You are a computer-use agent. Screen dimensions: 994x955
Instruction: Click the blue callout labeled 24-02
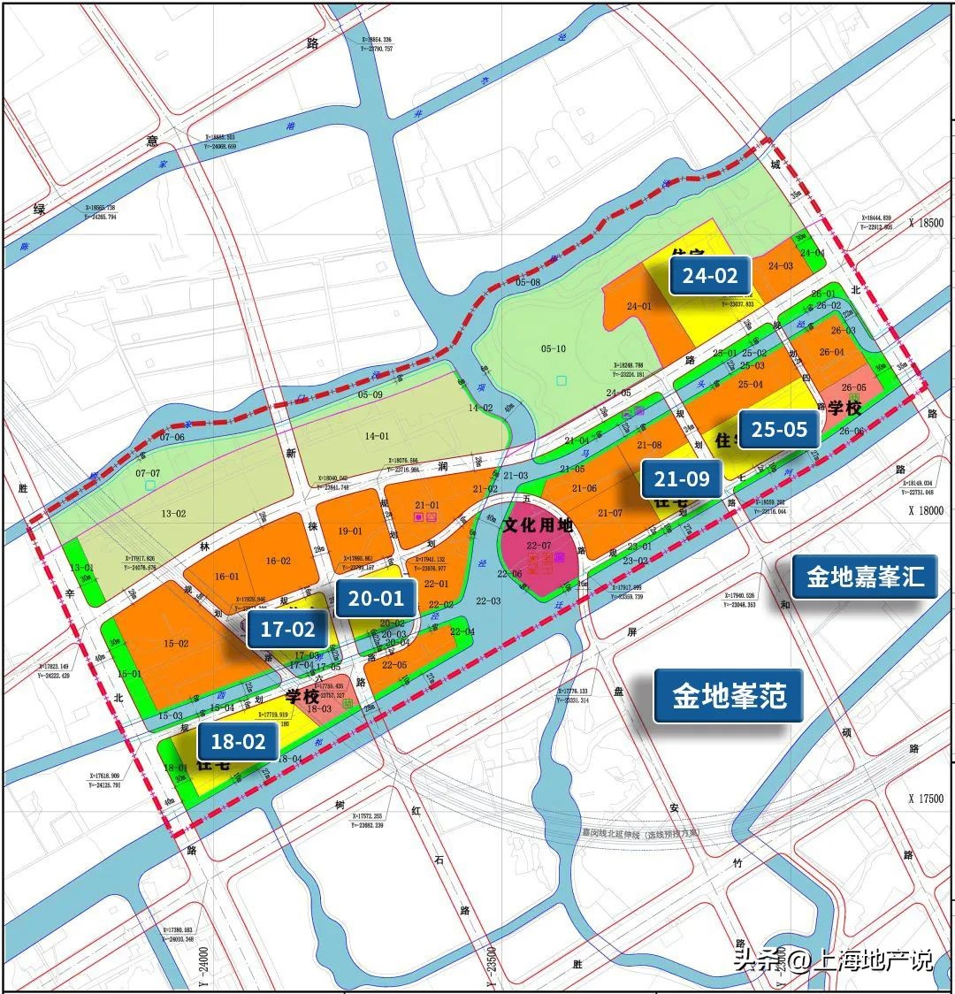coord(709,275)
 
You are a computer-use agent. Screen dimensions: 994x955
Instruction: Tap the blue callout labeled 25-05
coord(779,429)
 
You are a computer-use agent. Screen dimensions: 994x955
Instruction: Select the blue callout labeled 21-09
coord(682,479)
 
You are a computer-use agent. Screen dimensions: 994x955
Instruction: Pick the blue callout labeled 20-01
coord(376,598)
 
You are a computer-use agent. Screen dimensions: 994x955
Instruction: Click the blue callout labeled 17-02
coord(287,630)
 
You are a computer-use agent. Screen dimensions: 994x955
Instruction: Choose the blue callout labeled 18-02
coord(238,741)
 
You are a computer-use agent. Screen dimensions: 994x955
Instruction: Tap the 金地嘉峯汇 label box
coord(865,577)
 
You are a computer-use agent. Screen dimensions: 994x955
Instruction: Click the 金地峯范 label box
coord(730,696)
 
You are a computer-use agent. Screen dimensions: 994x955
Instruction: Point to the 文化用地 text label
coord(539,525)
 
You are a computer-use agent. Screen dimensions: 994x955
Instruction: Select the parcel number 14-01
coord(377,436)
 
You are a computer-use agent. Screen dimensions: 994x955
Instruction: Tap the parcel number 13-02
coord(173,513)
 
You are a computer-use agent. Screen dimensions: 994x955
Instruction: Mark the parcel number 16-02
coord(279,561)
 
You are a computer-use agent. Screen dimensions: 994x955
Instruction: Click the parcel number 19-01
coord(351,531)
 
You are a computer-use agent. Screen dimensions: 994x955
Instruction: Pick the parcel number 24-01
coord(638,307)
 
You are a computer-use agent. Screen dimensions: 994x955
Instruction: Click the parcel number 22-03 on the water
coord(487,601)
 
